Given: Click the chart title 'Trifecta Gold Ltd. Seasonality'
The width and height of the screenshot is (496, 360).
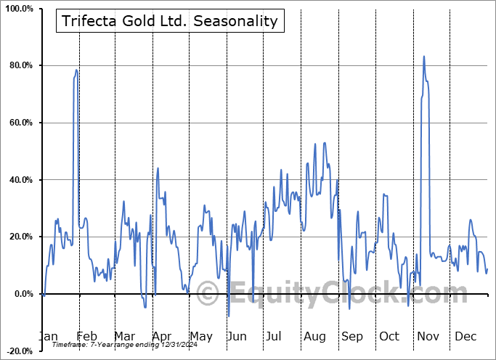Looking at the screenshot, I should click(168, 21).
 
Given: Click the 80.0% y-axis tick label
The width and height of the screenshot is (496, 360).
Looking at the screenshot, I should click(19, 66).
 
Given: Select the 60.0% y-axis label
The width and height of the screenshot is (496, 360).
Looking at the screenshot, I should click(19, 123).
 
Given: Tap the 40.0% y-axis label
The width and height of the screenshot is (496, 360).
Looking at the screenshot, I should click(19, 180).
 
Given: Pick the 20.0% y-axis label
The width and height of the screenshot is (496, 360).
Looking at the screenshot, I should click(19, 237).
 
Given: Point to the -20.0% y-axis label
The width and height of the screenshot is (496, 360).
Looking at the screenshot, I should click(17, 351).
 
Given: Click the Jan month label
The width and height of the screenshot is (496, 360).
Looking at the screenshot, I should click(48, 337).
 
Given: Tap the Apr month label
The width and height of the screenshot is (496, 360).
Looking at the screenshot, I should click(162, 337).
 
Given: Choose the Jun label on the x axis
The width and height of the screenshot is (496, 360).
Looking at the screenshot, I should click(237, 337).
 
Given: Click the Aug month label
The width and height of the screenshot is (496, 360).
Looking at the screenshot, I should click(314, 337).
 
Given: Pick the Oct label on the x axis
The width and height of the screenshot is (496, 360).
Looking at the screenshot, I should click(389, 337).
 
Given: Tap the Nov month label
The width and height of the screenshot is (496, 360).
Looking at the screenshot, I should click(428, 337).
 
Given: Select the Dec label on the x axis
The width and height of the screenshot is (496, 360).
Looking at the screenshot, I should click(465, 337).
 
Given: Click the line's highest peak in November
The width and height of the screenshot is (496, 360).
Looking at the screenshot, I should click(424, 56).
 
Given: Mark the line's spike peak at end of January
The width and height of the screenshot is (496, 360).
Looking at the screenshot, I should click(76, 70).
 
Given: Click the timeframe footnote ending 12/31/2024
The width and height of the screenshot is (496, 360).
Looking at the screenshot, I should click(108, 345).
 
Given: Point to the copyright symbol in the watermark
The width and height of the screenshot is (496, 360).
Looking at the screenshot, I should click(208, 294).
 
